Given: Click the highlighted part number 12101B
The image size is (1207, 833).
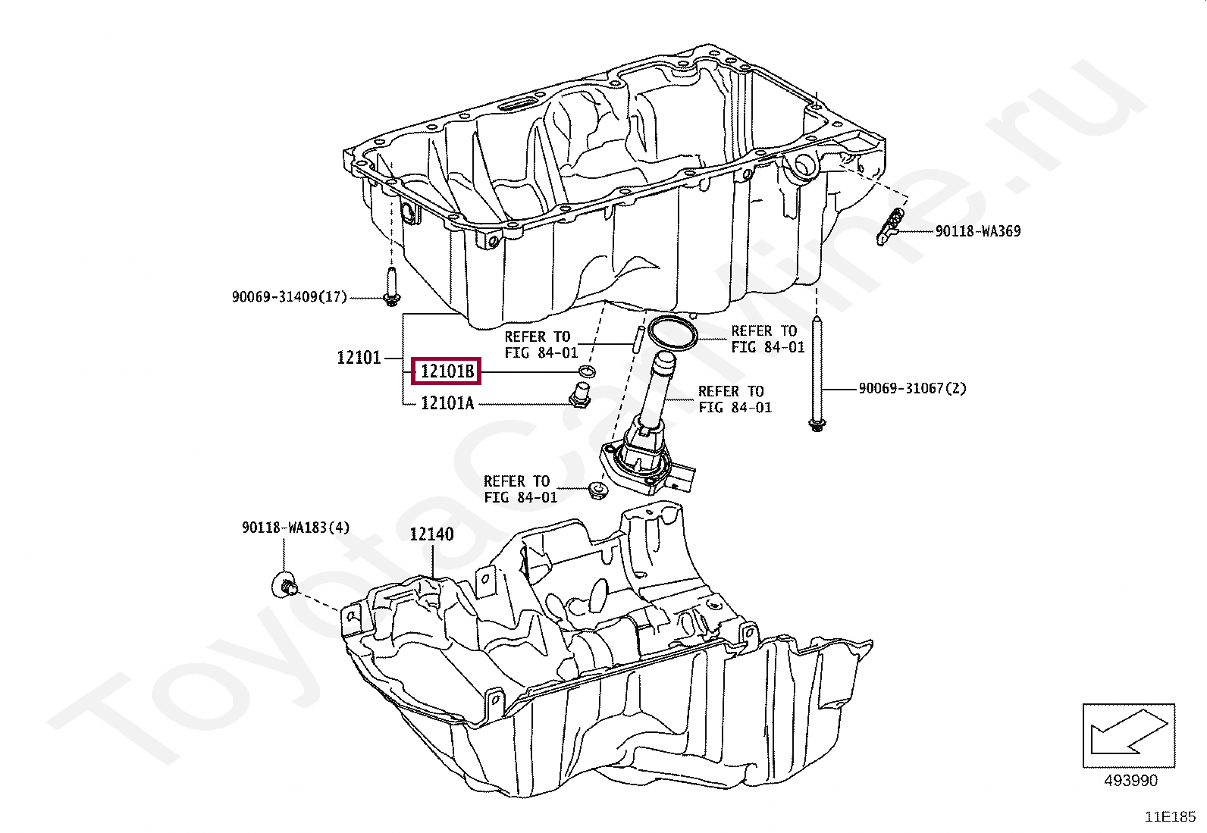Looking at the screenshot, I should [x=447, y=371].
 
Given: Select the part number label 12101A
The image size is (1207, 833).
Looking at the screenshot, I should [x=447, y=403].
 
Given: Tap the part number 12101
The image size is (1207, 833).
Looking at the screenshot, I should [x=359, y=357].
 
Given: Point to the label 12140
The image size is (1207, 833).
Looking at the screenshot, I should [x=431, y=534].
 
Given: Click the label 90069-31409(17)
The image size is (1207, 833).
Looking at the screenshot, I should [x=289, y=297].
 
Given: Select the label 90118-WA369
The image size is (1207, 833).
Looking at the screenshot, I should [x=977, y=231].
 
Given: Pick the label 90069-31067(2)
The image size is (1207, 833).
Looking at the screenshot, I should [x=912, y=389].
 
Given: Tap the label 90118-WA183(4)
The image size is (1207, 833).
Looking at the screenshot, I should [x=296, y=528].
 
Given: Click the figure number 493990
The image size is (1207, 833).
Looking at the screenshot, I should [x=1130, y=780].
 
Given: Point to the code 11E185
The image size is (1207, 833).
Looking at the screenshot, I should [x=1170, y=817].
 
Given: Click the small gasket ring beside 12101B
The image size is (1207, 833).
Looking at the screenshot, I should [x=586, y=371].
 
